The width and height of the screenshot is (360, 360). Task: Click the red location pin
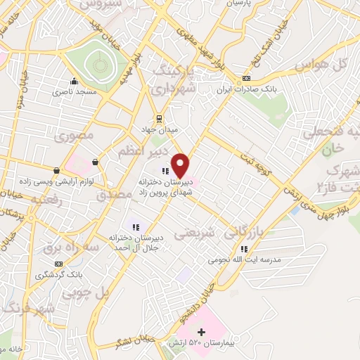[181, 165]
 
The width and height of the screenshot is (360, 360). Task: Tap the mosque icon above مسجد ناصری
[74, 81]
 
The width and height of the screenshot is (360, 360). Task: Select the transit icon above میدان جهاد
[160, 118]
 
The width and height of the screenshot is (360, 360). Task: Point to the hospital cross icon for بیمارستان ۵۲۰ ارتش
[201, 332]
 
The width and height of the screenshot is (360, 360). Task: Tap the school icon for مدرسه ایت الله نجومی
[243, 249]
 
